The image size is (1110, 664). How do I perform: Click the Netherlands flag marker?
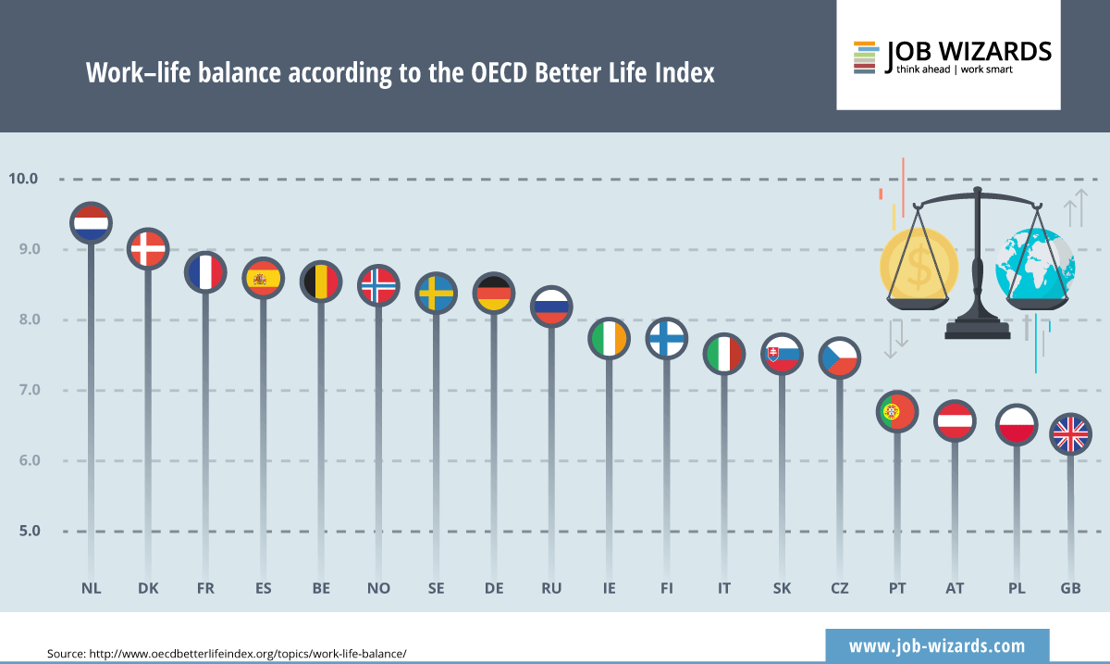[91, 223]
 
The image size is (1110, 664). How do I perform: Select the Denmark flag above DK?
[147, 248]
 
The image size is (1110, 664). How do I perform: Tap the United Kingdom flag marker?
[1071, 433]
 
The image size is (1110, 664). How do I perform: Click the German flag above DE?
[493, 294]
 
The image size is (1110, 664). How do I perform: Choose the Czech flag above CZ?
[840, 357]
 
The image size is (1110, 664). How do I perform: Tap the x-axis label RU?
[551, 588]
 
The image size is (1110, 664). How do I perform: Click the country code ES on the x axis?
[263, 588]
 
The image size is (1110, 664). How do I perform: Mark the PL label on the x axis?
[1017, 588]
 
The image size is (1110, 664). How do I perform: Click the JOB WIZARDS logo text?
[968, 51]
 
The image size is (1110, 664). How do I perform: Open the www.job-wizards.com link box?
[936, 645]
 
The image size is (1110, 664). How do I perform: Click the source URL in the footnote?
[247, 654]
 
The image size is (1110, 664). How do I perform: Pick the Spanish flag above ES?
[263, 278]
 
